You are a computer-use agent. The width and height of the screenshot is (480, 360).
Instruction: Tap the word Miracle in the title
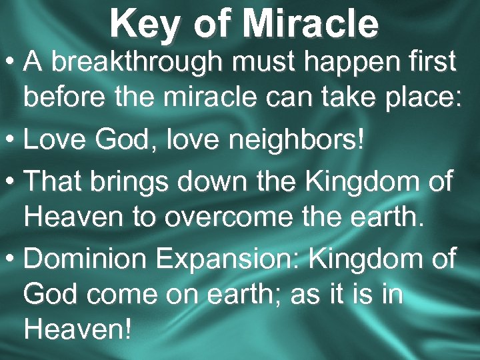[x=311, y=23]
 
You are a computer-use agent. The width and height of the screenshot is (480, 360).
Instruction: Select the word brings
[x=140, y=180]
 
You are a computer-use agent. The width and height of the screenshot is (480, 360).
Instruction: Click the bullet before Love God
[x=10, y=141]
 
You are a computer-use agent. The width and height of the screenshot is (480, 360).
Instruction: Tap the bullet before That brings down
[x=10, y=180]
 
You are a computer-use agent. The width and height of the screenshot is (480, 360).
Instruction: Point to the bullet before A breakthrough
[x=10, y=63]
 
